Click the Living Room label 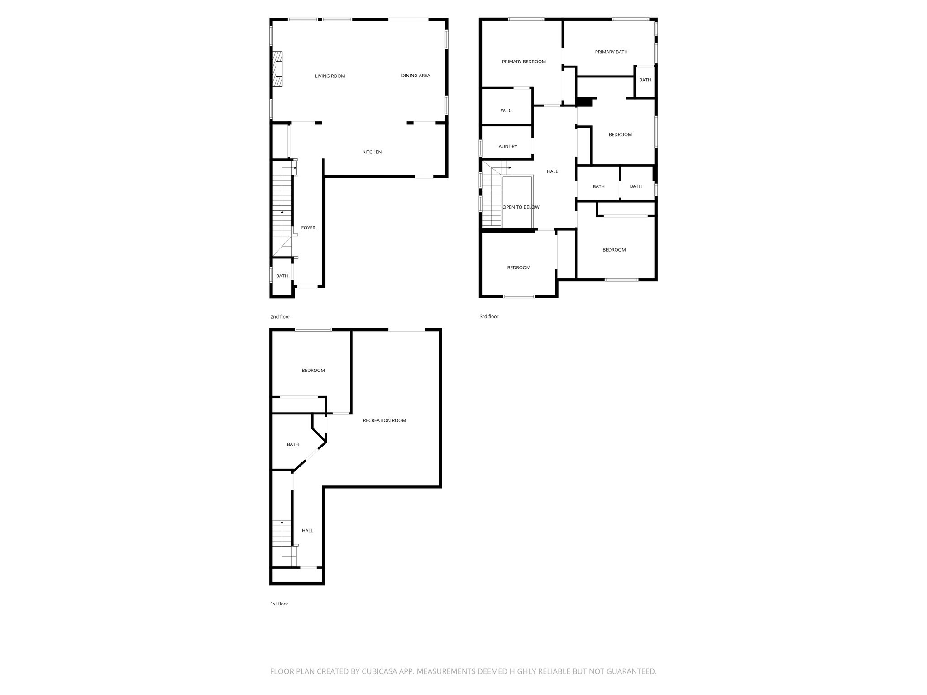[330, 76]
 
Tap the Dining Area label [416, 76]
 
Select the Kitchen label [372, 152]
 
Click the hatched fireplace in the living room [277, 69]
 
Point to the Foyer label [308, 228]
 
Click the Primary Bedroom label [524, 62]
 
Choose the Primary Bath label [611, 52]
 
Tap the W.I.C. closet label [507, 111]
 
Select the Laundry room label [507, 147]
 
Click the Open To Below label [521, 207]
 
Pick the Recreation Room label [384, 421]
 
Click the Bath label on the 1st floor [293, 444]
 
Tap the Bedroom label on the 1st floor [313, 371]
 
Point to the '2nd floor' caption [280, 317]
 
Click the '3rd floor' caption [489, 317]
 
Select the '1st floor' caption [279, 604]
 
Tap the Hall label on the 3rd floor [552, 171]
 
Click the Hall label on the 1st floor [307, 531]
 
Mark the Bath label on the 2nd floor [282, 276]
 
